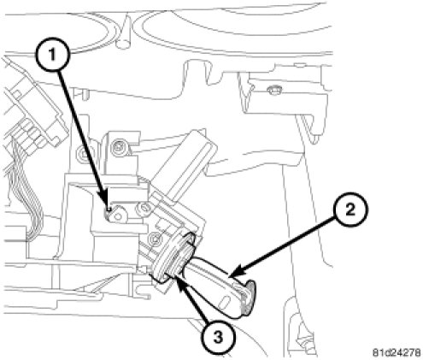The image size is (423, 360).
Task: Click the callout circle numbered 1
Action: click(52, 55)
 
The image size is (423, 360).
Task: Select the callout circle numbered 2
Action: click(350, 210)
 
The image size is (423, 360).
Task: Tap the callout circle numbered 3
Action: click(219, 338)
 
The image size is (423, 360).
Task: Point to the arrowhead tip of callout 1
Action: click(109, 210)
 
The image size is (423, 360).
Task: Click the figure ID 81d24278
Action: click(397, 352)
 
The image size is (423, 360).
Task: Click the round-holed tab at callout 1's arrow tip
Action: click(118, 215)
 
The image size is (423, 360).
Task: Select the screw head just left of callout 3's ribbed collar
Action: click(156, 238)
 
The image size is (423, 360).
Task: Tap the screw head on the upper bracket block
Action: click(118, 148)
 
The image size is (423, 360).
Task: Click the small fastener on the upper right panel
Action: click(273, 91)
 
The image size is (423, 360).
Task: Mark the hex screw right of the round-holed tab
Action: click(144, 210)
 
